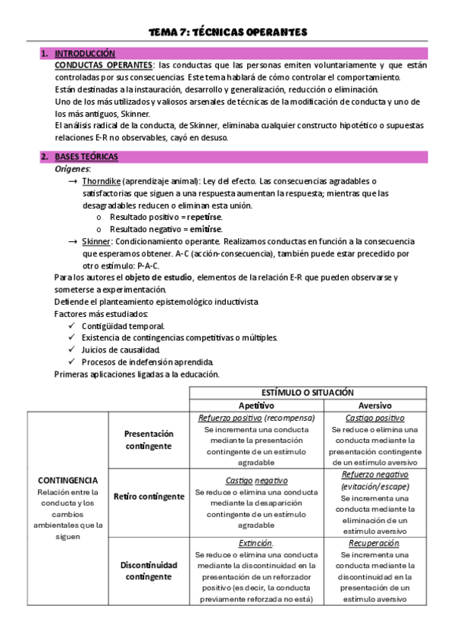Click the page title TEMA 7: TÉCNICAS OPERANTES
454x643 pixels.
click(x=227, y=32)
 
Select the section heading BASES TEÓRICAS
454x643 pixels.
click(x=86, y=157)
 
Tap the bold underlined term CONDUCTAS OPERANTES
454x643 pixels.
click(x=103, y=65)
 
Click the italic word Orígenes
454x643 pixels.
click(x=73, y=169)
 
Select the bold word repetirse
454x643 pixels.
click(x=206, y=217)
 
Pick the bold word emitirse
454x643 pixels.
click(x=205, y=228)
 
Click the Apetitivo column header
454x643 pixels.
click(x=256, y=406)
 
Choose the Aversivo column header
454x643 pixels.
click(x=374, y=406)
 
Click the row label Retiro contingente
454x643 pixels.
click(x=149, y=497)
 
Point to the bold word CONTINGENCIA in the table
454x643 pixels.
click(x=68, y=480)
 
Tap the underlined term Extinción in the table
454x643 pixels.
click(x=255, y=544)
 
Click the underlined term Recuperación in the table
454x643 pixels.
click(x=374, y=544)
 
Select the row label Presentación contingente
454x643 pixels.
click(x=149, y=440)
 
